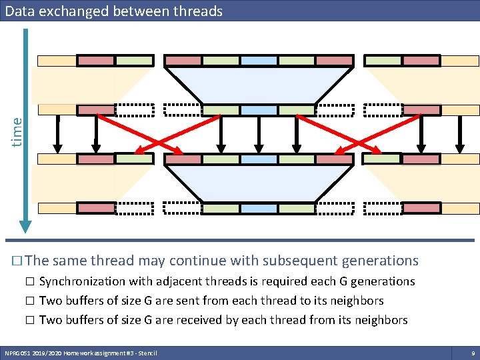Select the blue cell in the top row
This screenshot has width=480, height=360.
[x=259, y=61]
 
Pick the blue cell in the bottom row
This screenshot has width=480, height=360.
[x=259, y=209]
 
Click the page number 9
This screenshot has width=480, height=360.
[x=472, y=352]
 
